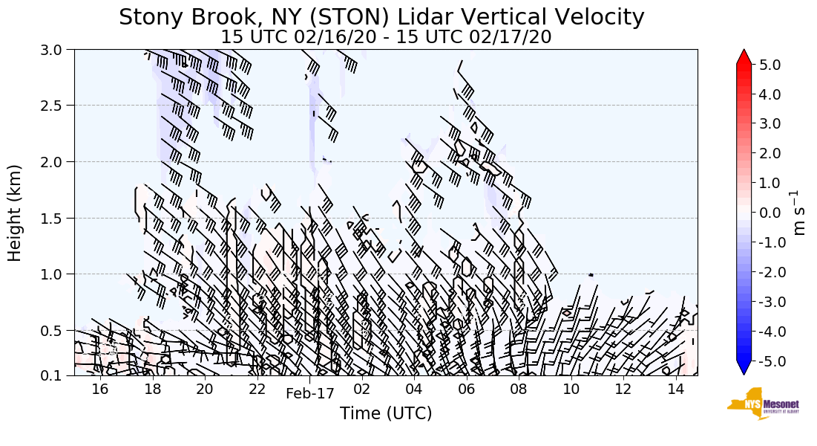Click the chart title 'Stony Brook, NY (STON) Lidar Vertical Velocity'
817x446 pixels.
(381, 17)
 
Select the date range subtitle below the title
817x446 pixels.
(386, 36)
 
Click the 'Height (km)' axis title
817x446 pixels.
(16, 213)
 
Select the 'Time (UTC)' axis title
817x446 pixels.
(386, 414)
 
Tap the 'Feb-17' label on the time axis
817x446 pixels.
(310, 394)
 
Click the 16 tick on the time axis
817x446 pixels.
(100, 390)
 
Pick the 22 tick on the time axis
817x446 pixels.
(257, 390)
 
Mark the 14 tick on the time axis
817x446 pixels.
(675, 390)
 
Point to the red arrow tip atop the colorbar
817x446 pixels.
(744, 56)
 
